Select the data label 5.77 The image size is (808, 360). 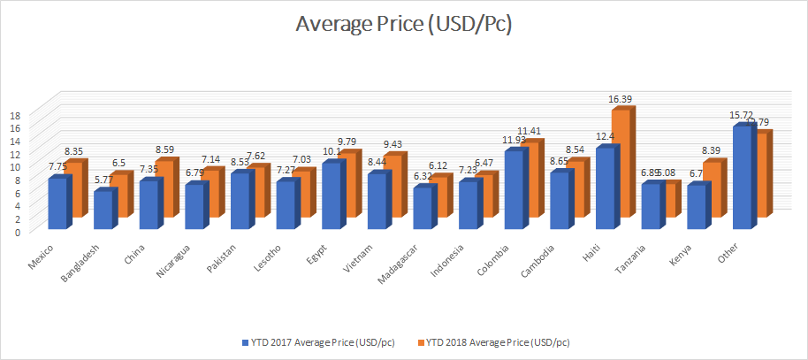click(103, 180)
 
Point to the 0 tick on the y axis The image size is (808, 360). click(17, 232)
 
